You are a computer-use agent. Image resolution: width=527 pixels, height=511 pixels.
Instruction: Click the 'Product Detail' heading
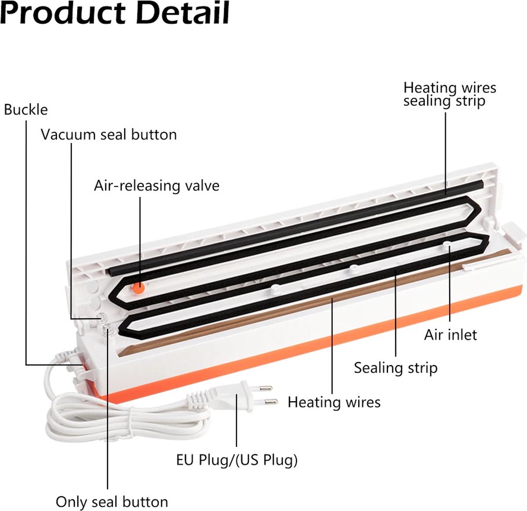coord(115,13)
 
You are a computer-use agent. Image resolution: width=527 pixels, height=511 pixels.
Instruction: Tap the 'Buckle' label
coord(26,110)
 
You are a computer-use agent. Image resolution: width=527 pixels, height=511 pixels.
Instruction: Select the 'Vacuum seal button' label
coord(109,134)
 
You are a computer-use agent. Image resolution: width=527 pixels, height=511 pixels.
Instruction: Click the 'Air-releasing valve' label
coord(156,186)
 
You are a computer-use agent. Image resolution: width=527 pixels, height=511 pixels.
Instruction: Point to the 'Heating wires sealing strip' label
coord(450,94)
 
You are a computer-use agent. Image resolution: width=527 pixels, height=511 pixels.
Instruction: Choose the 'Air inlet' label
coord(450,335)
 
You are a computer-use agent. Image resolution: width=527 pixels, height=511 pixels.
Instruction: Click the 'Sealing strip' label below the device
coord(396,368)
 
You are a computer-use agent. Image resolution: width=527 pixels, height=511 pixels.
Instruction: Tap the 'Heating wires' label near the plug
coord(334,402)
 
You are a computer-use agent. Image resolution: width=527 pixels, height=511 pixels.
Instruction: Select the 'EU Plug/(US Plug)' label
coord(237,460)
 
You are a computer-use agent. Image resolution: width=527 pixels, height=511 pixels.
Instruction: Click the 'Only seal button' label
coord(112,502)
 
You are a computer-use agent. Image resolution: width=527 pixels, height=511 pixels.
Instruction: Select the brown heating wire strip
coord(314,302)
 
